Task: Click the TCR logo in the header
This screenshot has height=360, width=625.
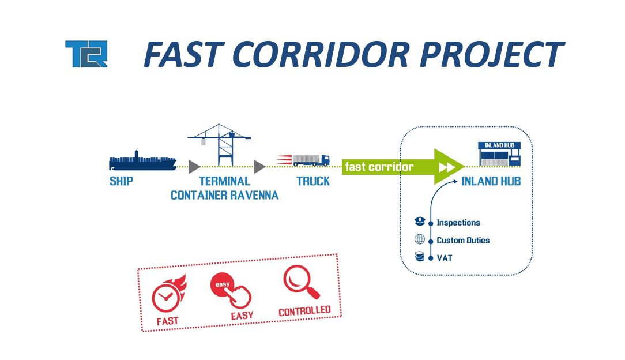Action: (86, 54)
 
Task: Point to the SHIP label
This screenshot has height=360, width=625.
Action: (121, 181)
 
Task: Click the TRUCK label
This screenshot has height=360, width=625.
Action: (313, 181)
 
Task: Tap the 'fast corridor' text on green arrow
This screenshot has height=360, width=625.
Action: (379, 167)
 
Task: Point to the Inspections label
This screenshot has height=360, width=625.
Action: (458, 223)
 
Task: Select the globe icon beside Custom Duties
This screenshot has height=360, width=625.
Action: (420, 240)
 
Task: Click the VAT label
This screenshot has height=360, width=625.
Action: (445, 258)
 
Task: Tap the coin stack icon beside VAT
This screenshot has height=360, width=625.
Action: (420, 257)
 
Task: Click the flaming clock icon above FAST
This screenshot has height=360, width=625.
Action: (167, 295)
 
